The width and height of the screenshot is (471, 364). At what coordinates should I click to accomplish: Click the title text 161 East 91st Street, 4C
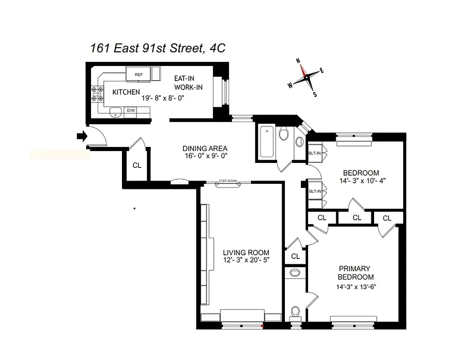(x=157, y=48)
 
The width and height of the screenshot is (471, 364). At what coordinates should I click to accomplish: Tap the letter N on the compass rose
(x=299, y=61)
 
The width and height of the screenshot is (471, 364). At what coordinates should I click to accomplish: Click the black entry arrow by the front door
(x=81, y=136)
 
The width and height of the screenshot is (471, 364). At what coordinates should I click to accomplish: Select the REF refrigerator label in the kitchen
(x=138, y=75)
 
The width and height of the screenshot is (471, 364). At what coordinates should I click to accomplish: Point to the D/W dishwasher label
(x=131, y=111)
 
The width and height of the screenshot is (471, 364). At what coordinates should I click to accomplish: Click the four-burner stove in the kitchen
(x=97, y=94)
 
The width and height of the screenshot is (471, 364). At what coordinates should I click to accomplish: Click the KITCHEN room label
(x=126, y=92)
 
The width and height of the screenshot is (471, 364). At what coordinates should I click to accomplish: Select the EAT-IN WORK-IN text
(x=188, y=83)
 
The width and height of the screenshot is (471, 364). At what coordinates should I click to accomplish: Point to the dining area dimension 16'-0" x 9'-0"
(x=205, y=156)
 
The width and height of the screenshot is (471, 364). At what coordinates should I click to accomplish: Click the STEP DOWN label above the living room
(x=228, y=181)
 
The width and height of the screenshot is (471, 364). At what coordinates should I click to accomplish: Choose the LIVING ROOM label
(x=246, y=253)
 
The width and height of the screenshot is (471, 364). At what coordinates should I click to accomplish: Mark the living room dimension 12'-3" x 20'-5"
(x=246, y=260)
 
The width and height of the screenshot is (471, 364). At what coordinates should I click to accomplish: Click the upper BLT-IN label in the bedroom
(x=314, y=153)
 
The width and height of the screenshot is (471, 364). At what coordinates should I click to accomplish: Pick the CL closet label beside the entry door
(x=137, y=165)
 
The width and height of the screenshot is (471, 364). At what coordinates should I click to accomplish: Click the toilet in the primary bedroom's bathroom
(x=295, y=312)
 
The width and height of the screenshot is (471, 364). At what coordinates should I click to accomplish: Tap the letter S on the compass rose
(x=314, y=94)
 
